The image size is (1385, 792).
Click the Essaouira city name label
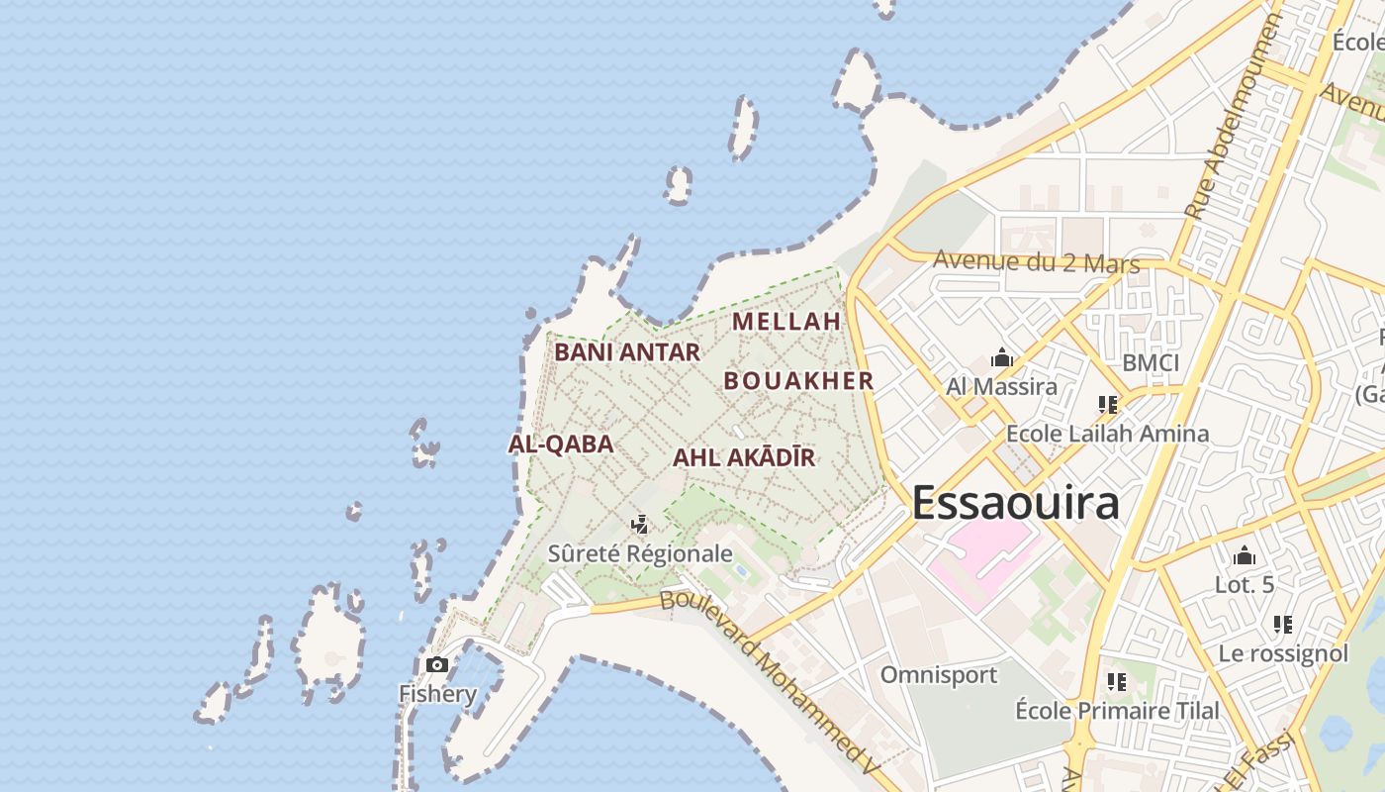(x=1015, y=503)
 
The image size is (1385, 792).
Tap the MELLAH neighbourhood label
(x=786, y=322)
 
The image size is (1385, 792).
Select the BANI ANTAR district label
(x=627, y=352)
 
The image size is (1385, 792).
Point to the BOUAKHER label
(x=799, y=381)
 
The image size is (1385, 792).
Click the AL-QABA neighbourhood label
(x=561, y=445)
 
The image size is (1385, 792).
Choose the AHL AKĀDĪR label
(x=744, y=458)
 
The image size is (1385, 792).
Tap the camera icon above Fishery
(x=437, y=665)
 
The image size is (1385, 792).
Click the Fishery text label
(x=437, y=693)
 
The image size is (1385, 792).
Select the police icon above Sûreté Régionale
(x=640, y=524)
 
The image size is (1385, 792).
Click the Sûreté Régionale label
(x=640, y=553)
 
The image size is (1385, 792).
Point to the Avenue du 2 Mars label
(x=1036, y=262)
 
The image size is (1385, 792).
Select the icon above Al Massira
(x=1002, y=357)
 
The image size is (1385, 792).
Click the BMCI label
(x=1151, y=363)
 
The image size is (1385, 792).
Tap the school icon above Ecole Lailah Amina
(x=1107, y=405)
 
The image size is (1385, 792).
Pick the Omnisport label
(x=939, y=675)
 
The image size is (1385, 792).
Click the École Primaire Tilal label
(x=1117, y=711)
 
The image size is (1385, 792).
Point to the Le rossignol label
(x=1282, y=653)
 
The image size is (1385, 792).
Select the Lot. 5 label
(x=1245, y=585)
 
